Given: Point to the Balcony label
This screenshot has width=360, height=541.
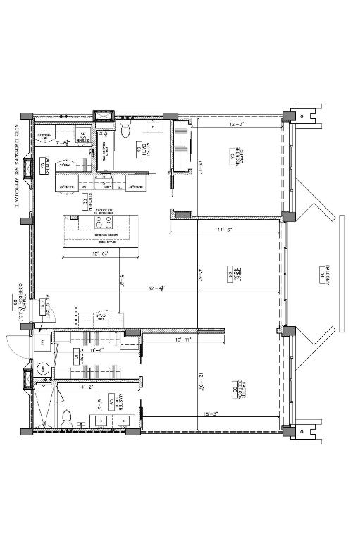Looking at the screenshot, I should (x=327, y=273).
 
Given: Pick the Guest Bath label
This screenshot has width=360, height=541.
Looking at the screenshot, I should (x=139, y=149).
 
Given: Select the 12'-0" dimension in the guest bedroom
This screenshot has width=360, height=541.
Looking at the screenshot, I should (x=236, y=124).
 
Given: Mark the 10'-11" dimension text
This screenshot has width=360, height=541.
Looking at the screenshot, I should (x=183, y=340).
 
